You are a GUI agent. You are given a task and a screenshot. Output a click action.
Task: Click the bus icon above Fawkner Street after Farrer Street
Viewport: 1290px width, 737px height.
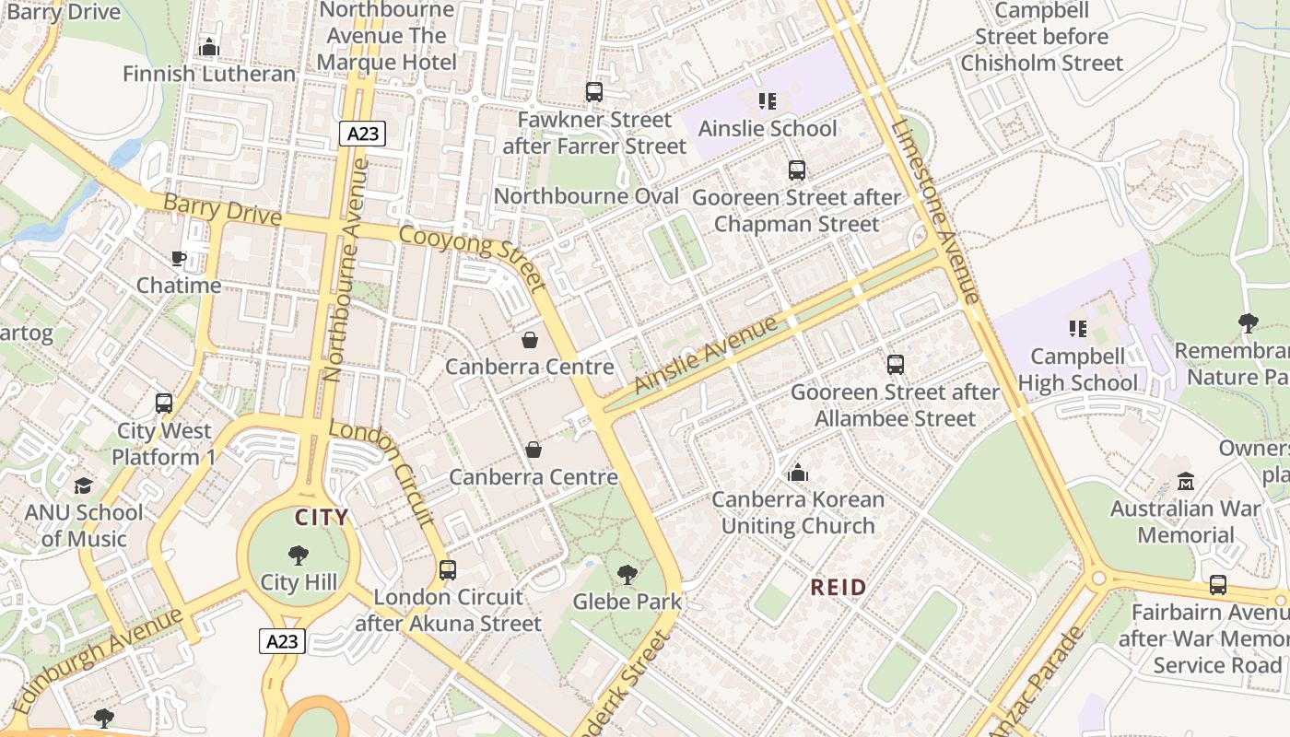[x=594, y=92]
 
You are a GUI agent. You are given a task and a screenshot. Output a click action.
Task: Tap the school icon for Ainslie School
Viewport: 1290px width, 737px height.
[x=767, y=100]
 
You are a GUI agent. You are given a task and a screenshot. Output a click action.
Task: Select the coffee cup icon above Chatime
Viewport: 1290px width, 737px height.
[x=179, y=258]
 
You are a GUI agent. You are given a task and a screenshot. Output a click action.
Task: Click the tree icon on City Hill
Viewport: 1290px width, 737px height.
[x=298, y=555]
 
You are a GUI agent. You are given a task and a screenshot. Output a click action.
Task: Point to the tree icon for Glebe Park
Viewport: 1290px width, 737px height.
[x=627, y=575]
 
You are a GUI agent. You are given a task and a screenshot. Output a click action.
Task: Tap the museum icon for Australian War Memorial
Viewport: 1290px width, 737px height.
[x=1186, y=481]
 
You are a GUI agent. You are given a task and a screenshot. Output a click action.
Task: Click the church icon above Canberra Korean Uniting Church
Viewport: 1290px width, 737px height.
[x=798, y=473]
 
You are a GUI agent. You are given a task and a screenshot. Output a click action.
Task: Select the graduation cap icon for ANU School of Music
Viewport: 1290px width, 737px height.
[x=84, y=485]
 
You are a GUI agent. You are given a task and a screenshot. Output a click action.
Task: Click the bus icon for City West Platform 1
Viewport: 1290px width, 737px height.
[x=164, y=404]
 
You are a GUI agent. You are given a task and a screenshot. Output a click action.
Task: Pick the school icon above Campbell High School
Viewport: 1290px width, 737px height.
[x=1077, y=328]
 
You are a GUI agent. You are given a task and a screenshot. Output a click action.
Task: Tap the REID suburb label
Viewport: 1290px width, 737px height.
[x=838, y=587]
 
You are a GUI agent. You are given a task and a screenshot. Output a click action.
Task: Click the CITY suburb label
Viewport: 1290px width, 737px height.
[x=322, y=518]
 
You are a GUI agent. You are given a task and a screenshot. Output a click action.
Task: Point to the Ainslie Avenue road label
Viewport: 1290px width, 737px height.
[x=707, y=356]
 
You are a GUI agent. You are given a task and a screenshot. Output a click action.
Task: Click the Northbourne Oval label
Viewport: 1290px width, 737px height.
[x=586, y=196]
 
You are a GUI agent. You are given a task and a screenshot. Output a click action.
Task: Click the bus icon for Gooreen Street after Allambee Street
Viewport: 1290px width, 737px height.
[x=895, y=365]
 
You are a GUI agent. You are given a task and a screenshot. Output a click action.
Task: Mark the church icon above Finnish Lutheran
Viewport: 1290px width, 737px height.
[x=209, y=46]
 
